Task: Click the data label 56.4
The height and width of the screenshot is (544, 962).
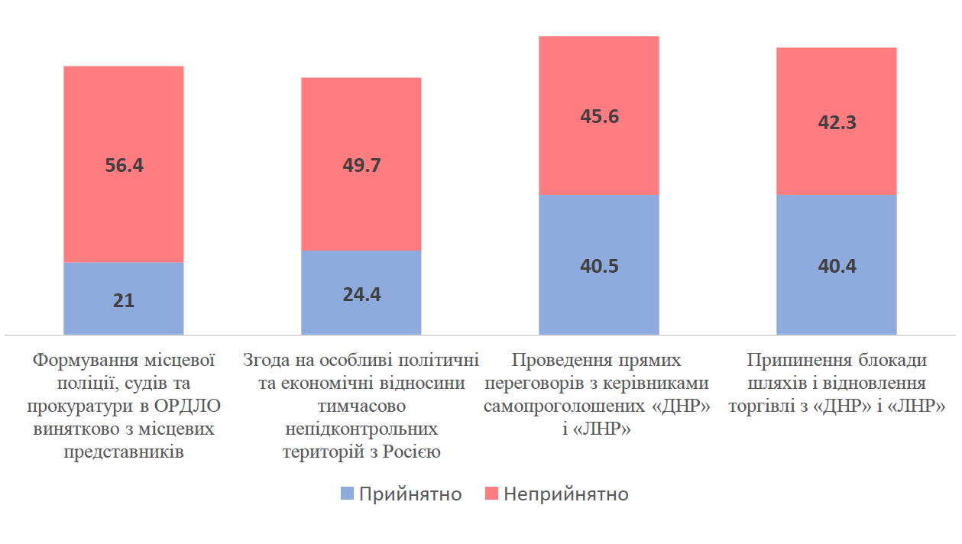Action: click(x=123, y=166)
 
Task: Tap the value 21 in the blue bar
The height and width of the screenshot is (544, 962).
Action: click(x=123, y=300)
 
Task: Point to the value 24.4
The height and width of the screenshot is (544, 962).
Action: click(x=361, y=294)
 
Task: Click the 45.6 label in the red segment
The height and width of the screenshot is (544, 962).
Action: click(x=599, y=116)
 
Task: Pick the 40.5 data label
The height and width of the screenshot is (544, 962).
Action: click(x=599, y=266)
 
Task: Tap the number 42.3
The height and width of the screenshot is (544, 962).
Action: click(x=836, y=121)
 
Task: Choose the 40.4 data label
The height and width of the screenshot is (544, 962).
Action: click(x=836, y=266)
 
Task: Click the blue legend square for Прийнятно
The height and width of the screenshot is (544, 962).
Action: click(x=346, y=494)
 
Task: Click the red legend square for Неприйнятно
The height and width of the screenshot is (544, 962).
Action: click(x=491, y=494)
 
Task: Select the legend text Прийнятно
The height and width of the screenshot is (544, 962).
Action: click(x=410, y=494)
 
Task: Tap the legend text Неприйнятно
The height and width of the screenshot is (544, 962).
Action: click(x=566, y=494)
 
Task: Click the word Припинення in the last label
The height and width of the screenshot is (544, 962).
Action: click(x=794, y=360)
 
